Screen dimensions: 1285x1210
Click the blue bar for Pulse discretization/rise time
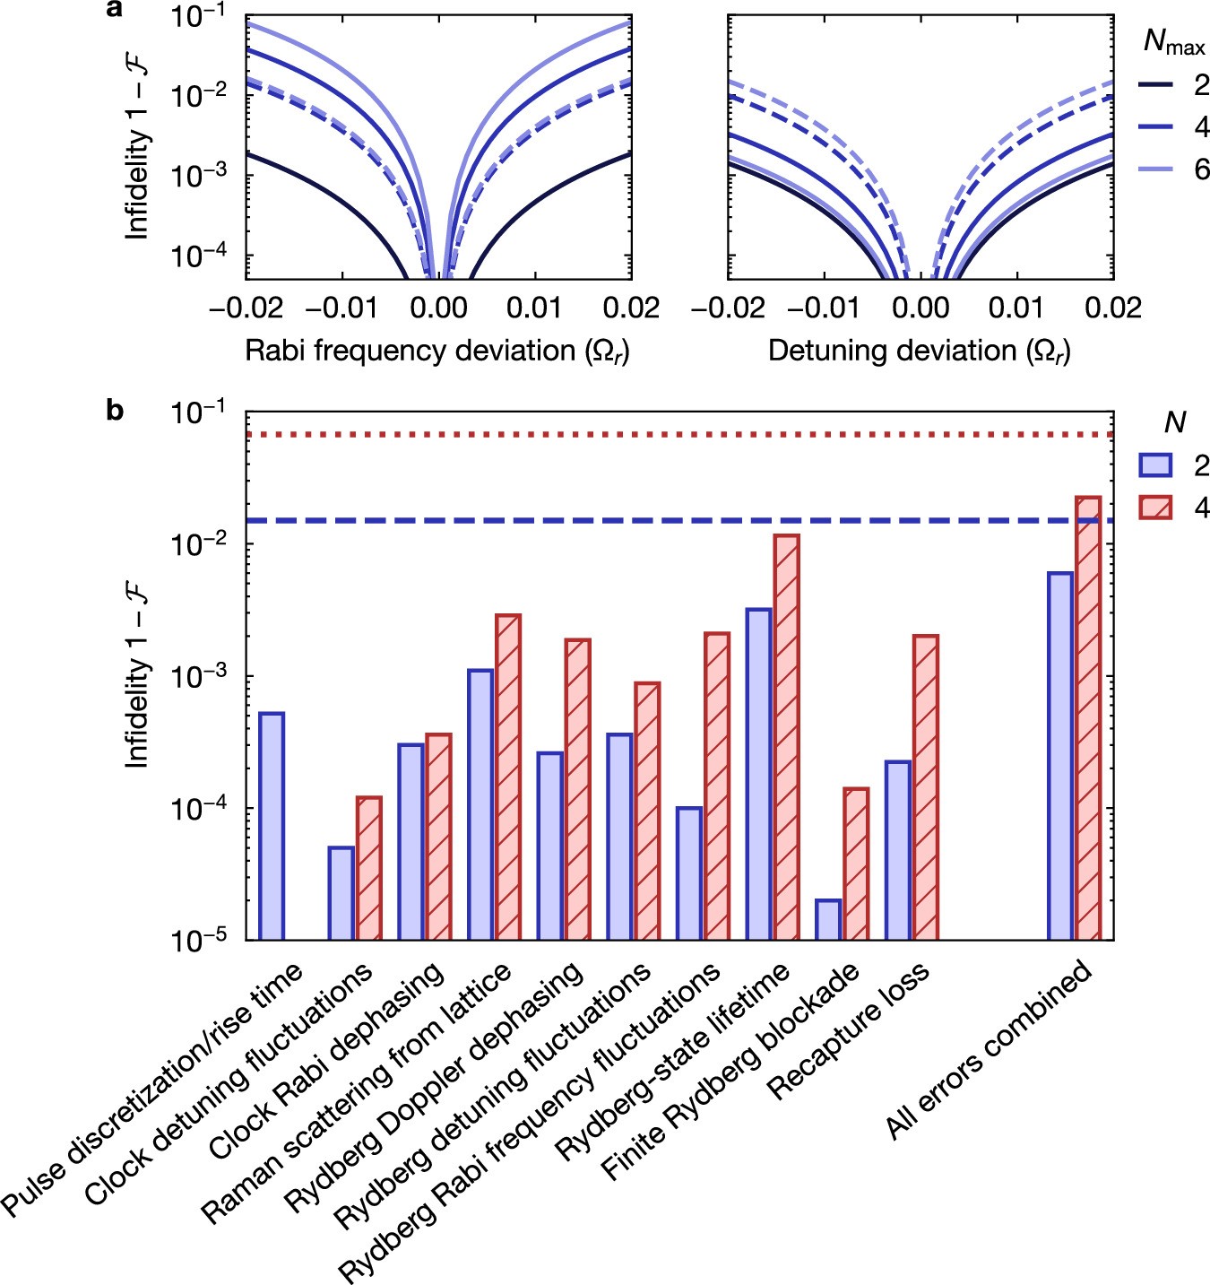click(x=271, y=826)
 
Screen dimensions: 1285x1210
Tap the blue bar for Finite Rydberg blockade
click(x=828, y=919)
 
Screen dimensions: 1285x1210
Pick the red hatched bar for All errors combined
click(x=1087, y=717)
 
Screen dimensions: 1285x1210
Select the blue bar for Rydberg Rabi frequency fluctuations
click(x=689, y=873)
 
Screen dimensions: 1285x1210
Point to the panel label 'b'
click(x=115, y=411)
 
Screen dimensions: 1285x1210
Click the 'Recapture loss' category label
click(x=847, y=1031)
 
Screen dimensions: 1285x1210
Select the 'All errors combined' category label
click(x=990, y=1049)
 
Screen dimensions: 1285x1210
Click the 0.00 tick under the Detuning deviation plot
click(x=920, y=308)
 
